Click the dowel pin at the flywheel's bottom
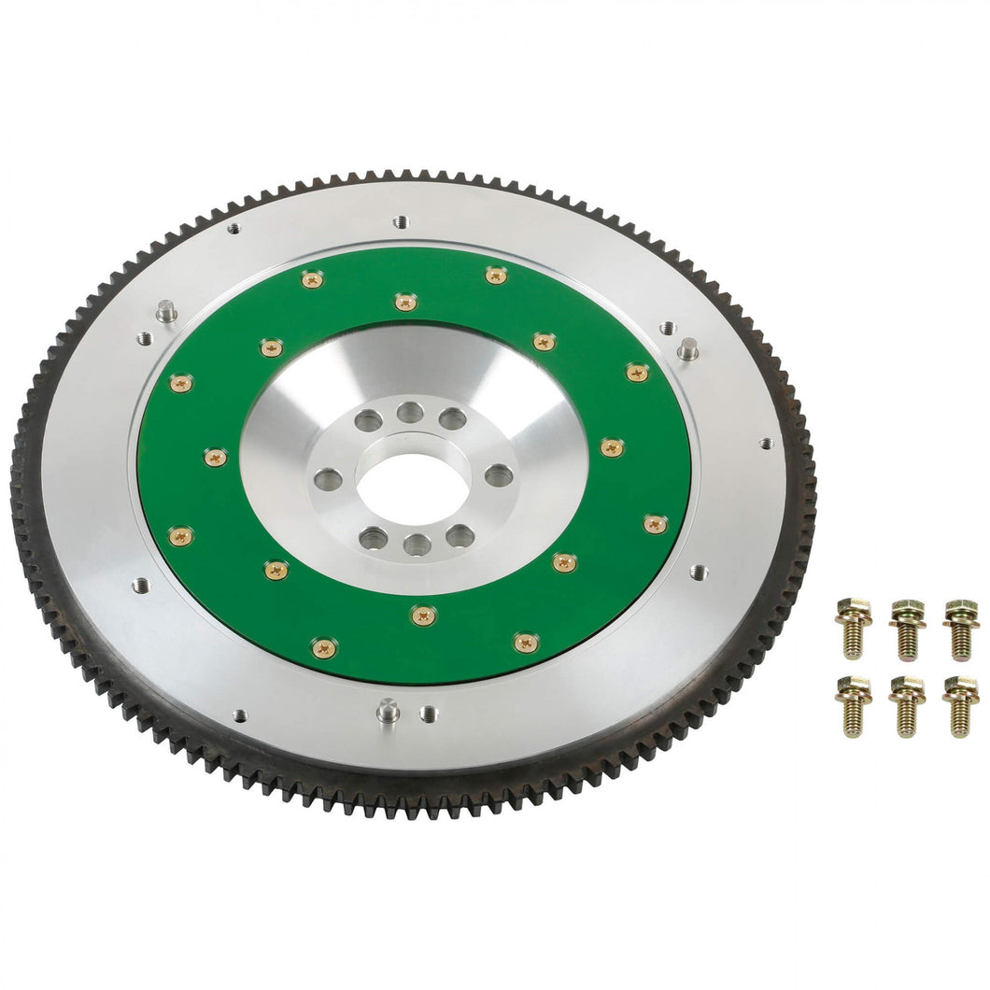pos(388,712)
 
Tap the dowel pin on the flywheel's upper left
pos(166,311)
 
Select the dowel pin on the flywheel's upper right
pos(687,349)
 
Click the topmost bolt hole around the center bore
pos(409,412)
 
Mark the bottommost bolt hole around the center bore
pos(417,544)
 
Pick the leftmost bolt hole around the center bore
pos(328,480)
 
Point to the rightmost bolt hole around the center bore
pos(499,475)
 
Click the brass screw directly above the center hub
pos(404,302)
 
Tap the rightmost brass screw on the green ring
pos(656,524)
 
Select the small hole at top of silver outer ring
pos(401,222)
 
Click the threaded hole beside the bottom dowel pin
pos(429,713)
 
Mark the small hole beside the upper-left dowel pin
pos(144,338)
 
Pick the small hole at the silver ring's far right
pos(766,443)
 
